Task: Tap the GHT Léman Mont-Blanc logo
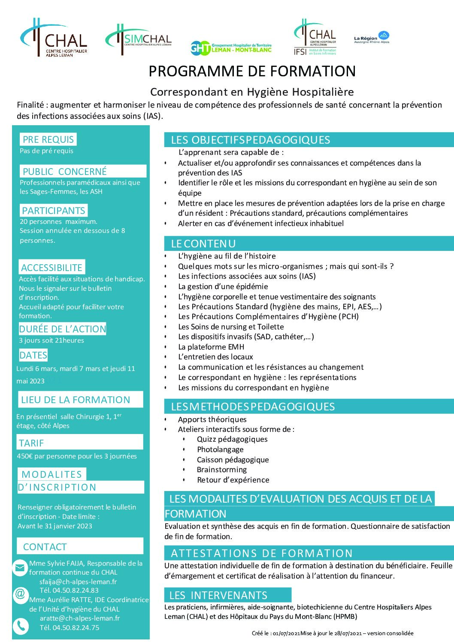231,48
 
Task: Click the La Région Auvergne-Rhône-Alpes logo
372,38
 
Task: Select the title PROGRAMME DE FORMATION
252,71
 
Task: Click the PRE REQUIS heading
48,139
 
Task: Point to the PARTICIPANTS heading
54,211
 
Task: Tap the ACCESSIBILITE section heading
51,268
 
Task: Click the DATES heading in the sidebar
33,355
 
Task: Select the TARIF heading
31,443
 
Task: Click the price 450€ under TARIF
25,456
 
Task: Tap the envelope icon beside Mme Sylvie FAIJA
20,568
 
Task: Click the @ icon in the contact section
20,594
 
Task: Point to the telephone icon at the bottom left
20,626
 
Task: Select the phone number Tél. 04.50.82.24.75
70,627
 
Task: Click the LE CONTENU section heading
203,244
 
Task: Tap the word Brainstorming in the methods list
221,470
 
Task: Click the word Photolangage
220,449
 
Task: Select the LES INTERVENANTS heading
218,595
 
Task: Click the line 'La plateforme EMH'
211,347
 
